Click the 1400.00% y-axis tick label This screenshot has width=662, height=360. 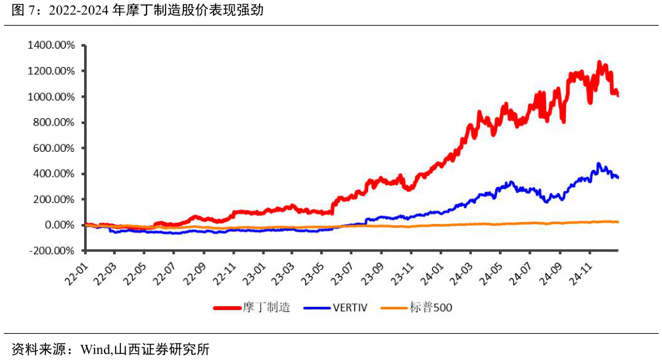click(51, 45)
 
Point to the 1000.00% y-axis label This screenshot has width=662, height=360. click(51, 97)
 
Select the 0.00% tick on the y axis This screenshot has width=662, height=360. click(59, 225)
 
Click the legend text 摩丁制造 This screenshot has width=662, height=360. click(266, 307)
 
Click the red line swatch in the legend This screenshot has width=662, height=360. click(227, 307)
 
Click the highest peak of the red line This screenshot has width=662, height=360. click(599, 62)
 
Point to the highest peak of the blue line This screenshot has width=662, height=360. click(598, 164)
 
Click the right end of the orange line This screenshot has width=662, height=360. click(618, 222)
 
